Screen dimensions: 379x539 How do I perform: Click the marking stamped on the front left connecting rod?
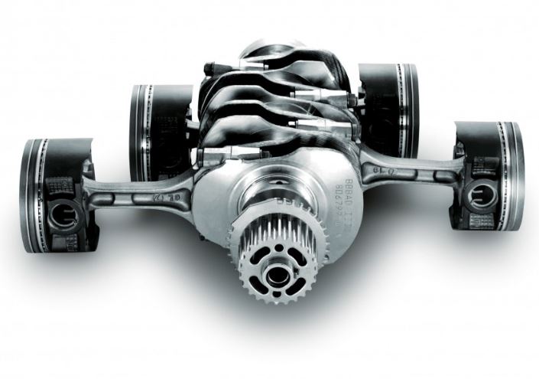(x=172, y=198)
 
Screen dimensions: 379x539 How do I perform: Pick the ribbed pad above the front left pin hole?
(x=57, y=187)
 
